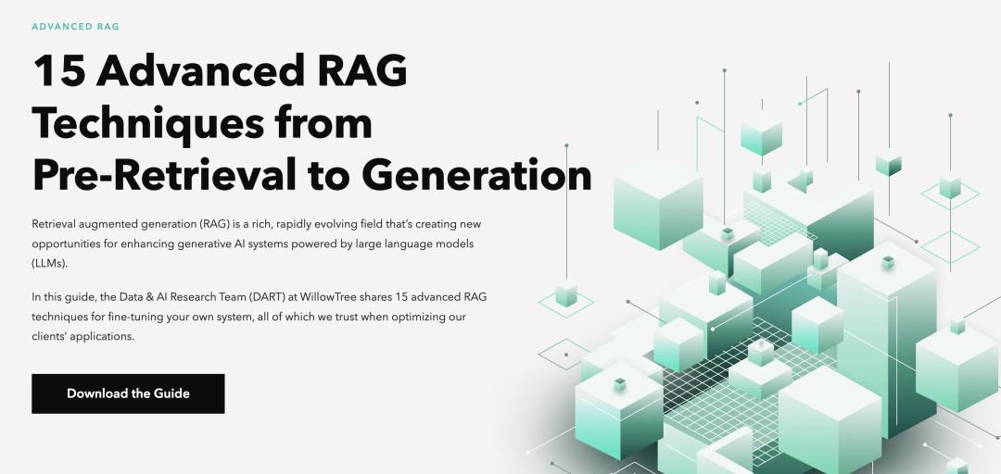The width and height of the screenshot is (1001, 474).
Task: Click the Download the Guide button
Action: (x=128, y=393)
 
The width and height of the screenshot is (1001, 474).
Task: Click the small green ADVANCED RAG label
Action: (x=75, y=26)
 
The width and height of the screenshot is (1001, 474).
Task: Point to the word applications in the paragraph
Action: (x=106, y=336)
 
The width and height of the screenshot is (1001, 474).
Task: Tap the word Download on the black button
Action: (x=96, y=393)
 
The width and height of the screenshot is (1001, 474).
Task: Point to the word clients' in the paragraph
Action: (x=52, y=336)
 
